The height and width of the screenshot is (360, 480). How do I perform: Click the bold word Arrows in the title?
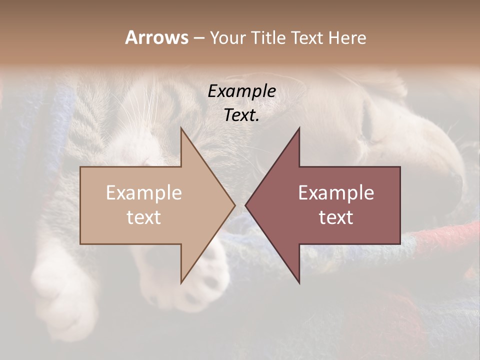pyautogui.click(x=156, y=37)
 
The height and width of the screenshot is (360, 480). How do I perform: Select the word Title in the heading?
pyautogui.click(x=267, y=37)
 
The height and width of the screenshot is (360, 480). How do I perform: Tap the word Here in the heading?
pyautogui.click(x=346, y=37)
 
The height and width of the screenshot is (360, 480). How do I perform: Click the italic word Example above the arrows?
pyautogui.click(x=242, y=91)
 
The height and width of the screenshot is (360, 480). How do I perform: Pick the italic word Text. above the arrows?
pyautogui.click(x=242, y=115)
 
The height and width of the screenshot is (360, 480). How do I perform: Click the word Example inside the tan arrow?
pyautogui.click(x=144, y=193)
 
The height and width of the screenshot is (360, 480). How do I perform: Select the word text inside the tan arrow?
pyautogui.click(x=144, y=217)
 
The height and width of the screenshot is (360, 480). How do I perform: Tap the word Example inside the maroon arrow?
pyautogui.click(x=336, y=193)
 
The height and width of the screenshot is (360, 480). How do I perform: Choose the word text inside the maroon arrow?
pyautogui.click(x=336, y=217)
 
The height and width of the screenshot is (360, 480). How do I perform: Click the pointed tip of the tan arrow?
pyautogui.click(x=234, y=205)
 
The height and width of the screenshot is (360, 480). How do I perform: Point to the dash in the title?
pyautogui.click(x=198, y=38)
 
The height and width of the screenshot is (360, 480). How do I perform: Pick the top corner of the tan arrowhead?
pyautogui.click(x=181, y=128)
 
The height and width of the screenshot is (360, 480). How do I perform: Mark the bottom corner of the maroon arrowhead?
pyautogui.click(x=299, y=283)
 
